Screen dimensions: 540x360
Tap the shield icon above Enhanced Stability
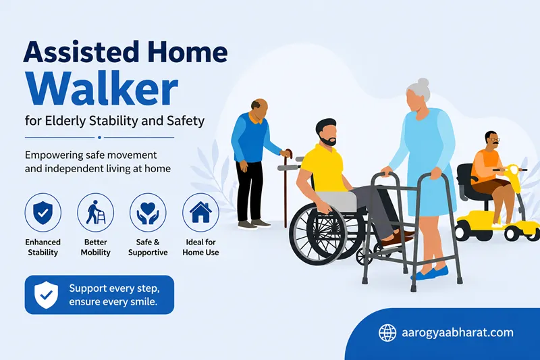(43, 213)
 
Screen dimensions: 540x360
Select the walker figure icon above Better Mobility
(95, 212)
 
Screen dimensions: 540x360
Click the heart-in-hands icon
(148, 213)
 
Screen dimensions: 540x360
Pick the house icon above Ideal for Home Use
(200, 212)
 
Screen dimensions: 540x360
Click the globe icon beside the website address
(387, 333)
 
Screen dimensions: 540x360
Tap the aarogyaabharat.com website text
(458, 333)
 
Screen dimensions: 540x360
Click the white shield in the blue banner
(46, 295)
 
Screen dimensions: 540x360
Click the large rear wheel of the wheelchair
(317, 234)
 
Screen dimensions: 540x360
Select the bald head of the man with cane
(260, 107)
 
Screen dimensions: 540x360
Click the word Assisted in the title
(80, 53)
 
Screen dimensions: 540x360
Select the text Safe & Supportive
(148, 247)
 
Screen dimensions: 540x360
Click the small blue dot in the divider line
(99, 138)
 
